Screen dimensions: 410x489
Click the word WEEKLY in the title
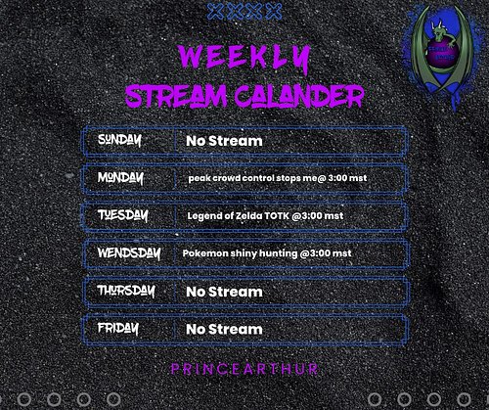[244, 56]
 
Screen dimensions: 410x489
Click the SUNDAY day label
[119, 141]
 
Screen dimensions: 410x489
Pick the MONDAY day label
[120, 178]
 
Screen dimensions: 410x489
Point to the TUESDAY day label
[122, 215]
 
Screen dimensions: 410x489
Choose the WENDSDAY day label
[128, 253]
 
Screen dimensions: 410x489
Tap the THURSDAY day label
[126, 291]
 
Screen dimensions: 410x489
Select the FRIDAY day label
[118, 328]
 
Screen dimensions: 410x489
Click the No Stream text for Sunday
[224, 142]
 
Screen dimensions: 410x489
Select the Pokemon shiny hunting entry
[266, 253]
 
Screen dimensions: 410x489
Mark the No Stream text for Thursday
[224, 292]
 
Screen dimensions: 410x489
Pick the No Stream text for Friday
[224, 329]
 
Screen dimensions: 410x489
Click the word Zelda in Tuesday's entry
[247, 216]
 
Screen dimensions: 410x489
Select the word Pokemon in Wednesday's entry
[202, 253]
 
